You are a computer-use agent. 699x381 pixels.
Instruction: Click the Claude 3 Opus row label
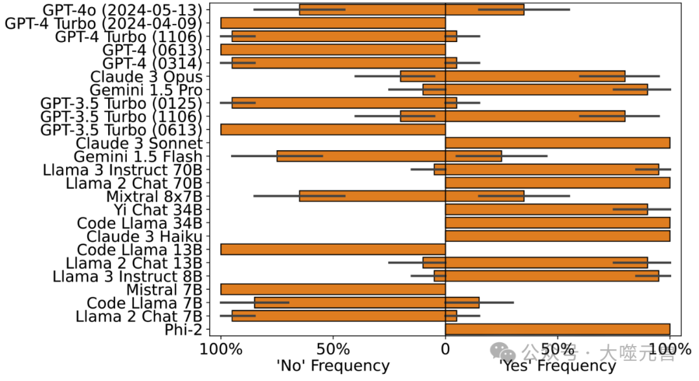pos(146,76)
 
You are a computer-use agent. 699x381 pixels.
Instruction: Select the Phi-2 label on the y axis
pos(184,329)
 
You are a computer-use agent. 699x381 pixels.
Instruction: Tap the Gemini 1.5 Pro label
pos(146,90)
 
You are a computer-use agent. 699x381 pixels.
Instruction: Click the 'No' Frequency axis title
pos(333,365)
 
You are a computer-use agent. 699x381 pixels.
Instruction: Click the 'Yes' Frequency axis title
pos(557,365)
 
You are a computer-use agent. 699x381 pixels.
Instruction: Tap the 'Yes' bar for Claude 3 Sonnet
pos(557,143)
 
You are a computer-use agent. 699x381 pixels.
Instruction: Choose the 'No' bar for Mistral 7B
pos(333,289)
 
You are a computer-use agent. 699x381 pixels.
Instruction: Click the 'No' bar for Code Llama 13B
pos(333,249)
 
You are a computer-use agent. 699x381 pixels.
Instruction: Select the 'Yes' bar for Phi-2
pos(557,329)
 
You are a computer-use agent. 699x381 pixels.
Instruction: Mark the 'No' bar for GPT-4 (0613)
pos(333,50)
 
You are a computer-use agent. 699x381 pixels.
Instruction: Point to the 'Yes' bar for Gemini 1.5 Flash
pos(473,156)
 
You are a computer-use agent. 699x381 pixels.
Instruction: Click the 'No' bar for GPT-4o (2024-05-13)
pos(372,10)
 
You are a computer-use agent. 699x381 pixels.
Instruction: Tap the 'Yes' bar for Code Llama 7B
pos(462,302)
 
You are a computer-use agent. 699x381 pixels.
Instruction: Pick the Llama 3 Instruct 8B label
pos(128,276)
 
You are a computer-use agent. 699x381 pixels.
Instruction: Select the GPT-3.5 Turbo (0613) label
pos(121,129)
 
